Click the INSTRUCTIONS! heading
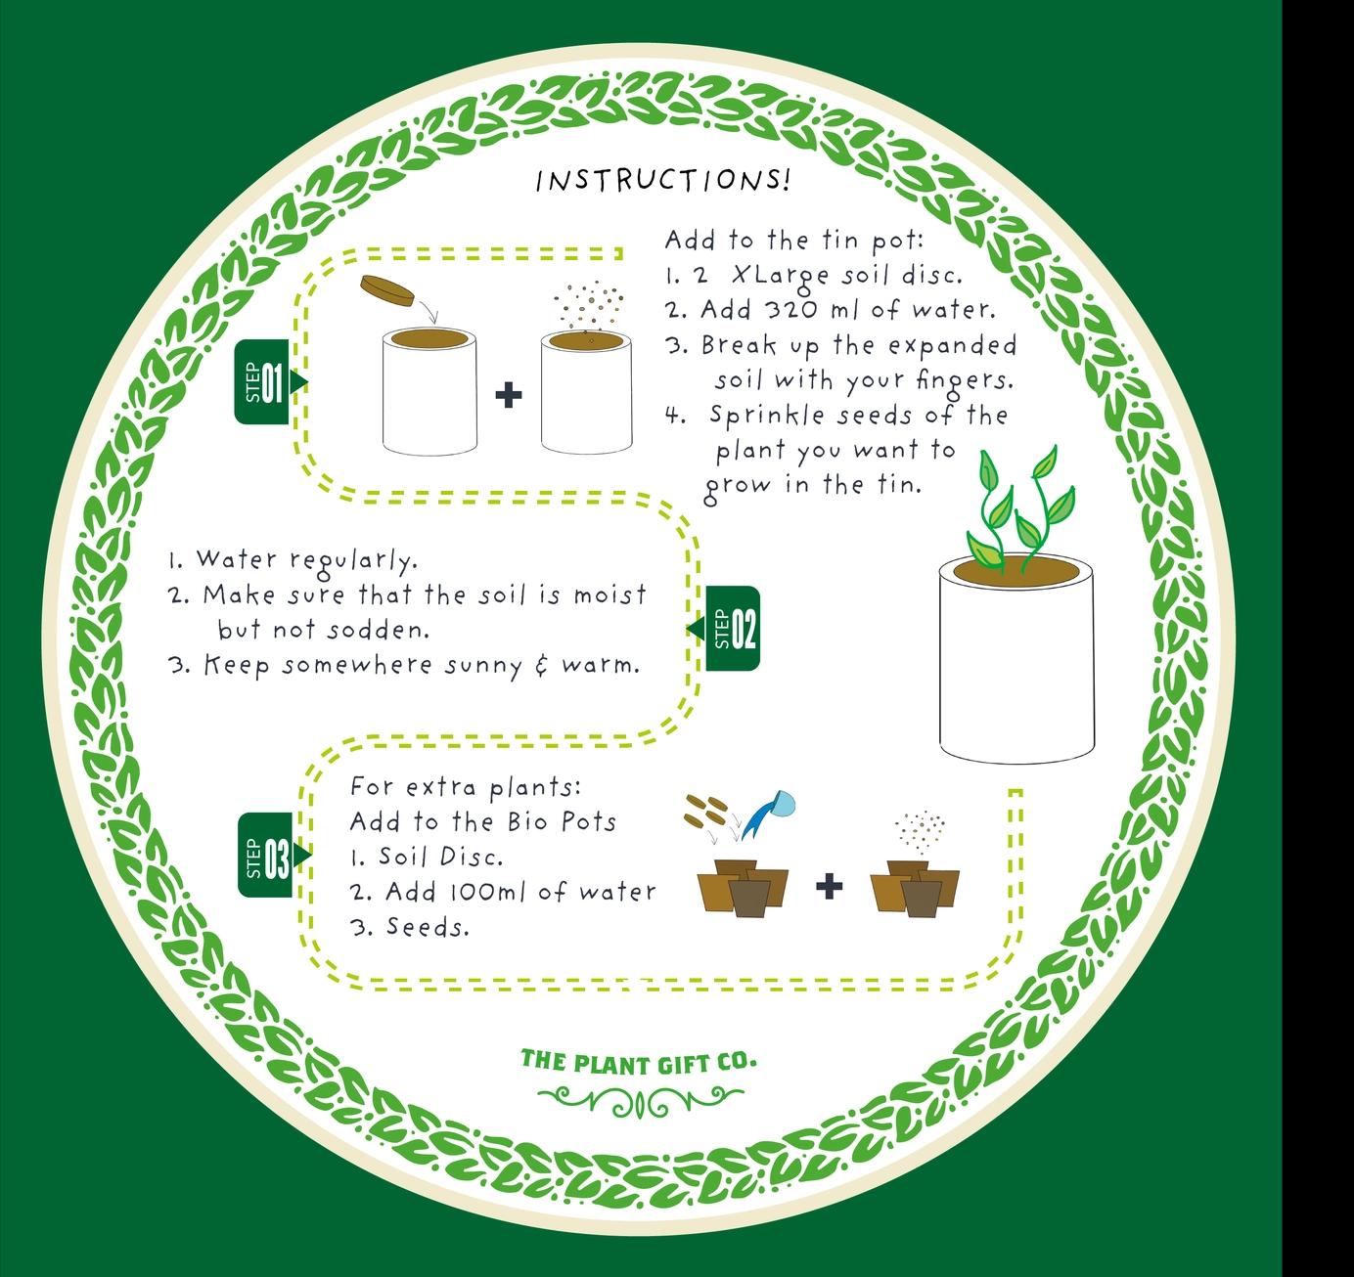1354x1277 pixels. [662, 181]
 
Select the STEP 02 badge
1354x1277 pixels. [732, 628]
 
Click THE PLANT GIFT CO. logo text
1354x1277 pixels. [638, 1061]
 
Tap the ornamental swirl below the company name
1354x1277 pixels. [638, 1102]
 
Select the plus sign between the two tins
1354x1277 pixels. [508, 396]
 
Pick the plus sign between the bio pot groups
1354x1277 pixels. [828, 887]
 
